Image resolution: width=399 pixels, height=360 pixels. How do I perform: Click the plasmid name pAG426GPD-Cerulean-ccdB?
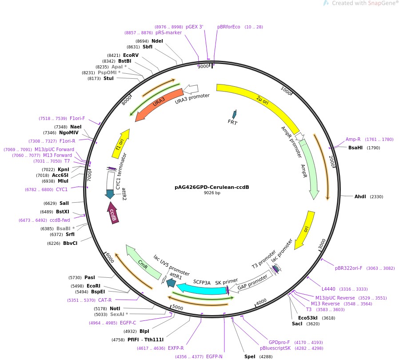click(x=211, y=187)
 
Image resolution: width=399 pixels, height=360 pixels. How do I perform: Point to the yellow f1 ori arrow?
click(x=121, y=144)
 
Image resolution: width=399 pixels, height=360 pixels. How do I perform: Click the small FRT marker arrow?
click(x=234, y=115)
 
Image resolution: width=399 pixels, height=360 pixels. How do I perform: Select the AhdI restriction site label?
click(x=360, y=196)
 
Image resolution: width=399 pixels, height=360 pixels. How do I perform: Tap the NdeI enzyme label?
click(x=157, y=41)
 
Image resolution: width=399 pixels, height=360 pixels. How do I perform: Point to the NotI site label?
click(x=115, y=308)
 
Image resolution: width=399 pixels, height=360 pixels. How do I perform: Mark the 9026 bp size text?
click(x=212, y=193)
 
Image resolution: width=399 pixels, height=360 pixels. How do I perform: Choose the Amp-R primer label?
click(x=353, y=139)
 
